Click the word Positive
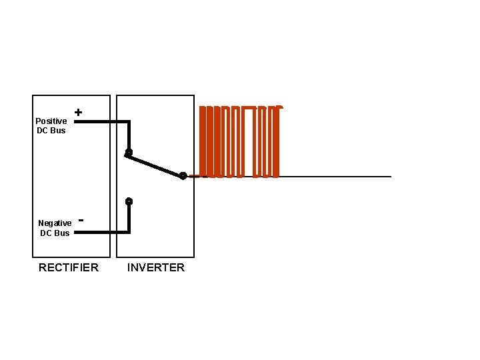coord(51,121)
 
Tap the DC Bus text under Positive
coord(51,131)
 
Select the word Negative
coord(55,223)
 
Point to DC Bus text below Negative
coord(55,233)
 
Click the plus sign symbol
coord(79,113)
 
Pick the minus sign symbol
coord(81,218)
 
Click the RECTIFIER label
coord(69,267)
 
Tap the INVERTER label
coord(156,267)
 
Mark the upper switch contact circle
coord(129,153)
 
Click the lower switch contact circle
coord(129,201)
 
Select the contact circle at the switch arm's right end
coord(183,176)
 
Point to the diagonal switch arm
coord(155,164)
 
